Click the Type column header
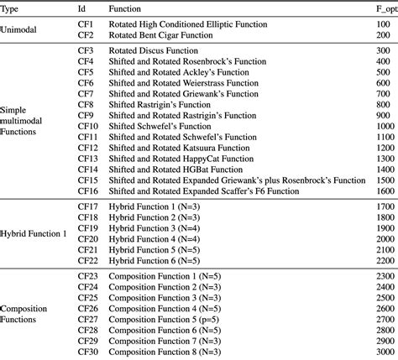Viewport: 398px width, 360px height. pos(13,7)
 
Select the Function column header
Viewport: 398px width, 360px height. pos(129,7)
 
